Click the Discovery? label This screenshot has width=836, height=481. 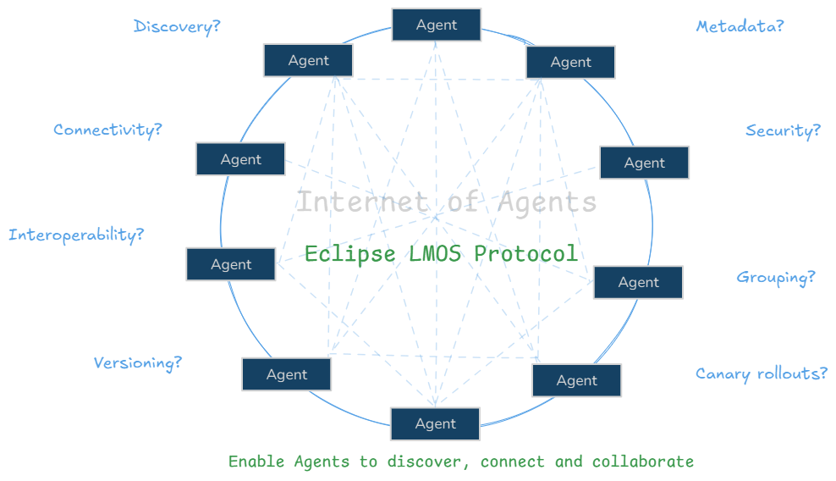tap(177, 26)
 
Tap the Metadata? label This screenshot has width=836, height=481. tap(740, 26)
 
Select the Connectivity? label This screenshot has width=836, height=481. tap(107, 130)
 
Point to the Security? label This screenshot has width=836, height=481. tap(783, 130)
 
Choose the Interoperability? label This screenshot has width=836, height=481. tap(76, 235)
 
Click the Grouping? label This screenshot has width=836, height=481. tap(775, 277)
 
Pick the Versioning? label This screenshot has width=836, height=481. tap(138, 363)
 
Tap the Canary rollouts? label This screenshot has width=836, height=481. tap(761, 373)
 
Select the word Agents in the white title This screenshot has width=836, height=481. tap(547, 202)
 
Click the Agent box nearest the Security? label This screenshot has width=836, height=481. tap(644, 163)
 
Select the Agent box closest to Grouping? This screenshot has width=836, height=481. tap(637, 282)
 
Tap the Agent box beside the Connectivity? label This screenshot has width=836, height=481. tap(240, 159)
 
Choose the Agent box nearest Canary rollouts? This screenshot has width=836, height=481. tap(576, 380)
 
